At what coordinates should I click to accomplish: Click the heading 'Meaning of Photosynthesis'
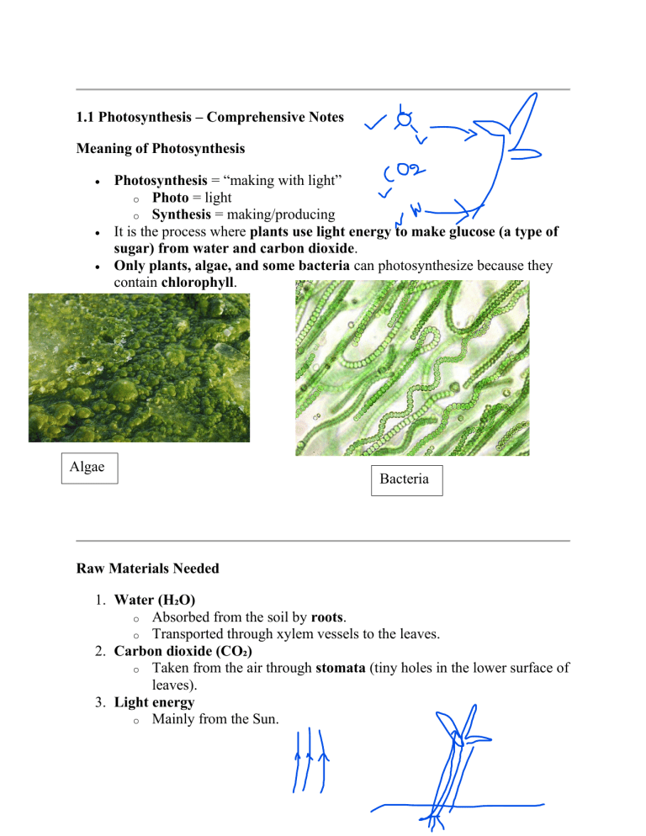click(160, 149)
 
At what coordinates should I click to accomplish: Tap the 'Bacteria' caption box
click(405, 480)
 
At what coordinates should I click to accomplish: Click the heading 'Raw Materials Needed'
click(147, 569)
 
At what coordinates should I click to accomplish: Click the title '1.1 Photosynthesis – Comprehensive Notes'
click(209, 118)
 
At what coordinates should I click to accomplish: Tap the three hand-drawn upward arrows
click(310, 761)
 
